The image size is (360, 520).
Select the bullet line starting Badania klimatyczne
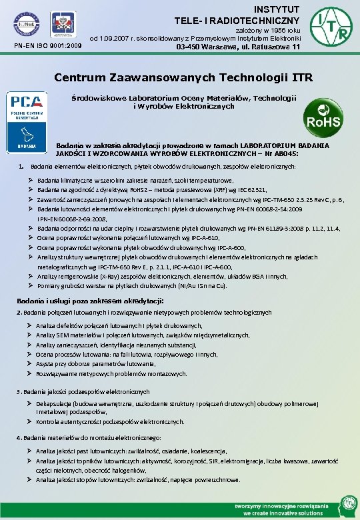click(x=135, y=180)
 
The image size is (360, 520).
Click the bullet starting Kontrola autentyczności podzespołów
click(x=111, y=422)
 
